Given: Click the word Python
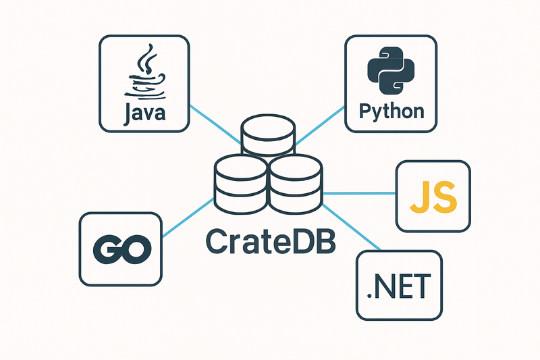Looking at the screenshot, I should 391,110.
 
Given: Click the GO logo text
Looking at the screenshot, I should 121,250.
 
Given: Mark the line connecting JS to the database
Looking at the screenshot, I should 360,193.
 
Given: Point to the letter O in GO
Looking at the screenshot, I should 134,250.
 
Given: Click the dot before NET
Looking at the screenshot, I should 369,297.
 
